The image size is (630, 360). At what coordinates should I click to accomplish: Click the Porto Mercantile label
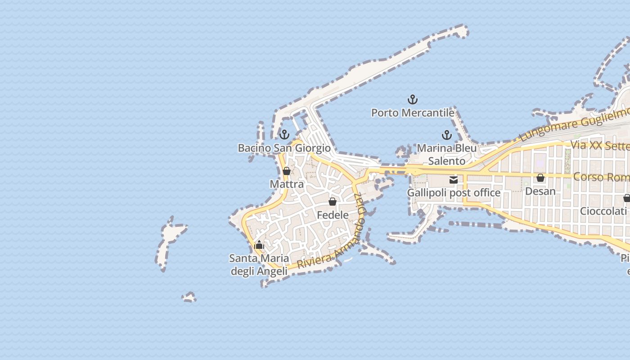[x=413, y=112]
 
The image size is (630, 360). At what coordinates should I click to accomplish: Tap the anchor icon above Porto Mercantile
[x=413, y=99]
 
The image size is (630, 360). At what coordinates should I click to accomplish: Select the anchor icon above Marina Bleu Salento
[x=446, y=135]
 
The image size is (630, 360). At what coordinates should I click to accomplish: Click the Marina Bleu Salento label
[x=446, y=154]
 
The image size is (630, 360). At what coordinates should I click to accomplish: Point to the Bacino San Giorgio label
[x=284, y=148]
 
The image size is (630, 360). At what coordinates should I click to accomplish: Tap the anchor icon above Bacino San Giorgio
[x=284, y=135]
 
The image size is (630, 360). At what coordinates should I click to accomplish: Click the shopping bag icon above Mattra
[x=286, y=171]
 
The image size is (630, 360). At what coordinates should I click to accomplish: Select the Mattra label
[x=287, y=184]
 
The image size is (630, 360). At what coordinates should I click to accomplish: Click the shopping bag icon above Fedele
[x=333, y=202]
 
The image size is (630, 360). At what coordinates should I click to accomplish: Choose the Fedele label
[x=333, y=215]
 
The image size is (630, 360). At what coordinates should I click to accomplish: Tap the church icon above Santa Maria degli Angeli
[x=259, y=245]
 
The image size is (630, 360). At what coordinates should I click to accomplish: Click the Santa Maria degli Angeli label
[x=259, y=265]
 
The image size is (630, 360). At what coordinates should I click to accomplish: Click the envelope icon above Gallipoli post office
[x=454, y=180]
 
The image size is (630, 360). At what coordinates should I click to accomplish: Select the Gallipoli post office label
[x=454, y=193]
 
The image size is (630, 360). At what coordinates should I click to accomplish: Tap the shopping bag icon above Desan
[x=540, y=178]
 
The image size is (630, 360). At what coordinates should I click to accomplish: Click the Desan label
[x=540, y=191]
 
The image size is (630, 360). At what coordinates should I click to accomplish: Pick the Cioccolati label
[x=603, y=211]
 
